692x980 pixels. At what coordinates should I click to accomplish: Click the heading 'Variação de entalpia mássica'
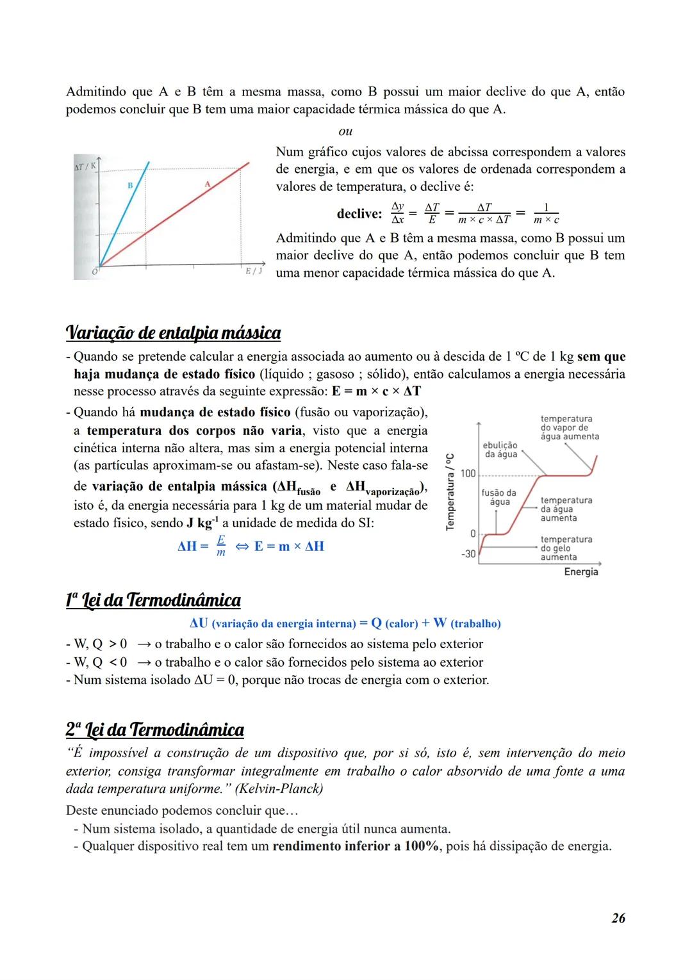pyautogui.click(x=173, y=333)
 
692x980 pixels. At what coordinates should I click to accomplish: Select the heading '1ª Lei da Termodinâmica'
pyautogui.click(x=153, y=600)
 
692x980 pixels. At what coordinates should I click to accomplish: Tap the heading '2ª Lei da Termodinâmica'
pyautogui.click(x=154, y=730)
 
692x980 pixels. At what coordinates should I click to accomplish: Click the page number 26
pyautogui.click(x=618, y=918)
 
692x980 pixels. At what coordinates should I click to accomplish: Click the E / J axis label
pyautogui.click(x=254, y=271)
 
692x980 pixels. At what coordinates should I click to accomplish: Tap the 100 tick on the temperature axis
pyautogui.click(x=468, y=474)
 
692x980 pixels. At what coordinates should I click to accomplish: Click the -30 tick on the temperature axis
pyautogui.click(x=468, y=554)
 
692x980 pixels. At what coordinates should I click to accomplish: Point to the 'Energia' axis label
pyautogui.click(x=581, y=571)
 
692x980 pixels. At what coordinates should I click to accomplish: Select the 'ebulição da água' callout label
pyautogui.click(x=500, y=450)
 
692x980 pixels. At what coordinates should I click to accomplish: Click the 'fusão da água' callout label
pyautogui.click(x=498, y=498)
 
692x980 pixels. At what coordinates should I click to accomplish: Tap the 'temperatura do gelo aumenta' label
pyautogui.click(x=566, y=548)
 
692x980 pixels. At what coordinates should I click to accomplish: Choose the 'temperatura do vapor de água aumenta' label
pyautogui.click(x=570, y=428)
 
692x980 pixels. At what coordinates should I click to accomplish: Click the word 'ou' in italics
pyautogui.click(x=345, y=131)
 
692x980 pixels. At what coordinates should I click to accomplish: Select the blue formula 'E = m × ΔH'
pyautogui.click(x=289, y=546)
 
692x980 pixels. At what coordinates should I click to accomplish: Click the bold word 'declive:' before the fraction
pyautogui.click(x=359, y=213)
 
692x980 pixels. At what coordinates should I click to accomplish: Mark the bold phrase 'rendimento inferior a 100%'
pyautogui.click(x=356, y=846)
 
